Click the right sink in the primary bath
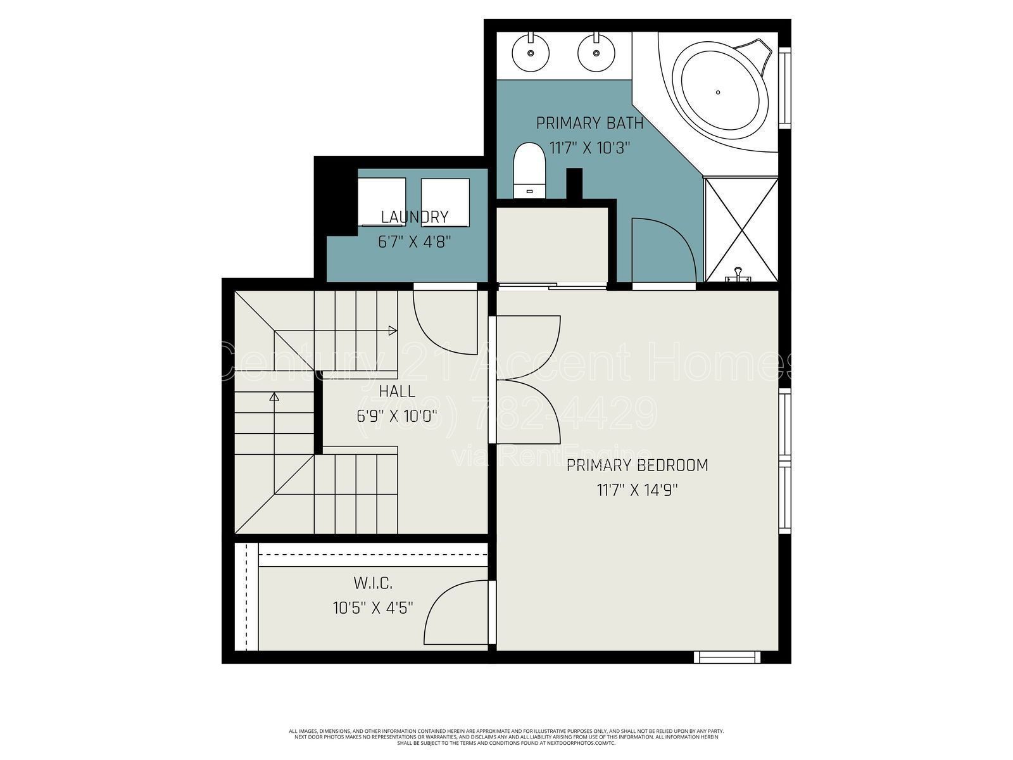tap(596, 51)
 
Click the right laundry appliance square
tap(445, 201)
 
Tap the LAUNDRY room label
tap(415, 217)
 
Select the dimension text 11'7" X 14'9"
tap(637, 490)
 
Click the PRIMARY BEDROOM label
tap(637, 465)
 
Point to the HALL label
tap(397, 391)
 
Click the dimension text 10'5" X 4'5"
tap(373, 608)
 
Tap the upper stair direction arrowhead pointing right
tap(393, 331)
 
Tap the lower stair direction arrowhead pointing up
tap(274, 397)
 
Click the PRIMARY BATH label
tap(589, 123)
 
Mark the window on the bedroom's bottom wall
tap(726, 657)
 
